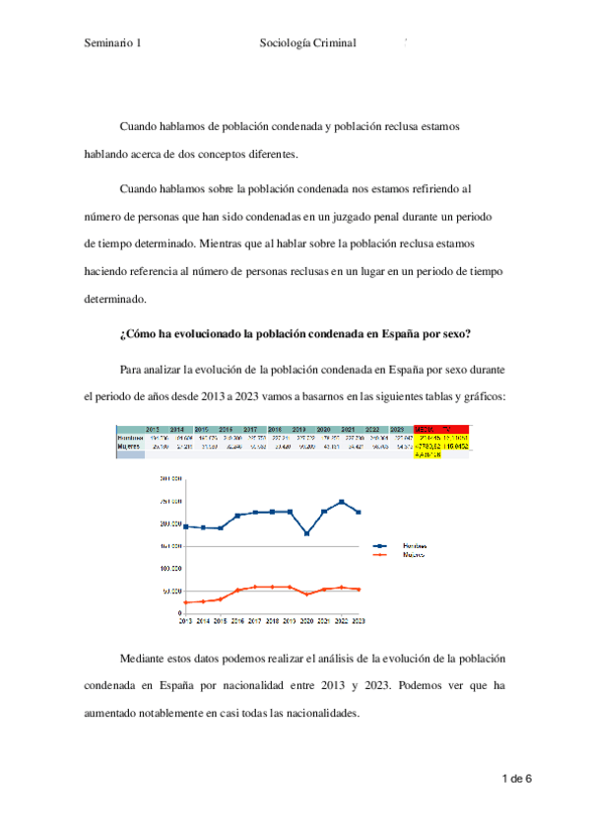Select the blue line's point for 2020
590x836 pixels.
(307, 533)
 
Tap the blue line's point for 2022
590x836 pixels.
(341, 502)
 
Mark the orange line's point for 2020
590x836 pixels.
(307, 594)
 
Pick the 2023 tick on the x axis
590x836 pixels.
(359, 621)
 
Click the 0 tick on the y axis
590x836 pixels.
(178, 613)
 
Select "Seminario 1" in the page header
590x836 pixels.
(113, 43)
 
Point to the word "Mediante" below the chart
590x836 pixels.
(144, 657)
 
